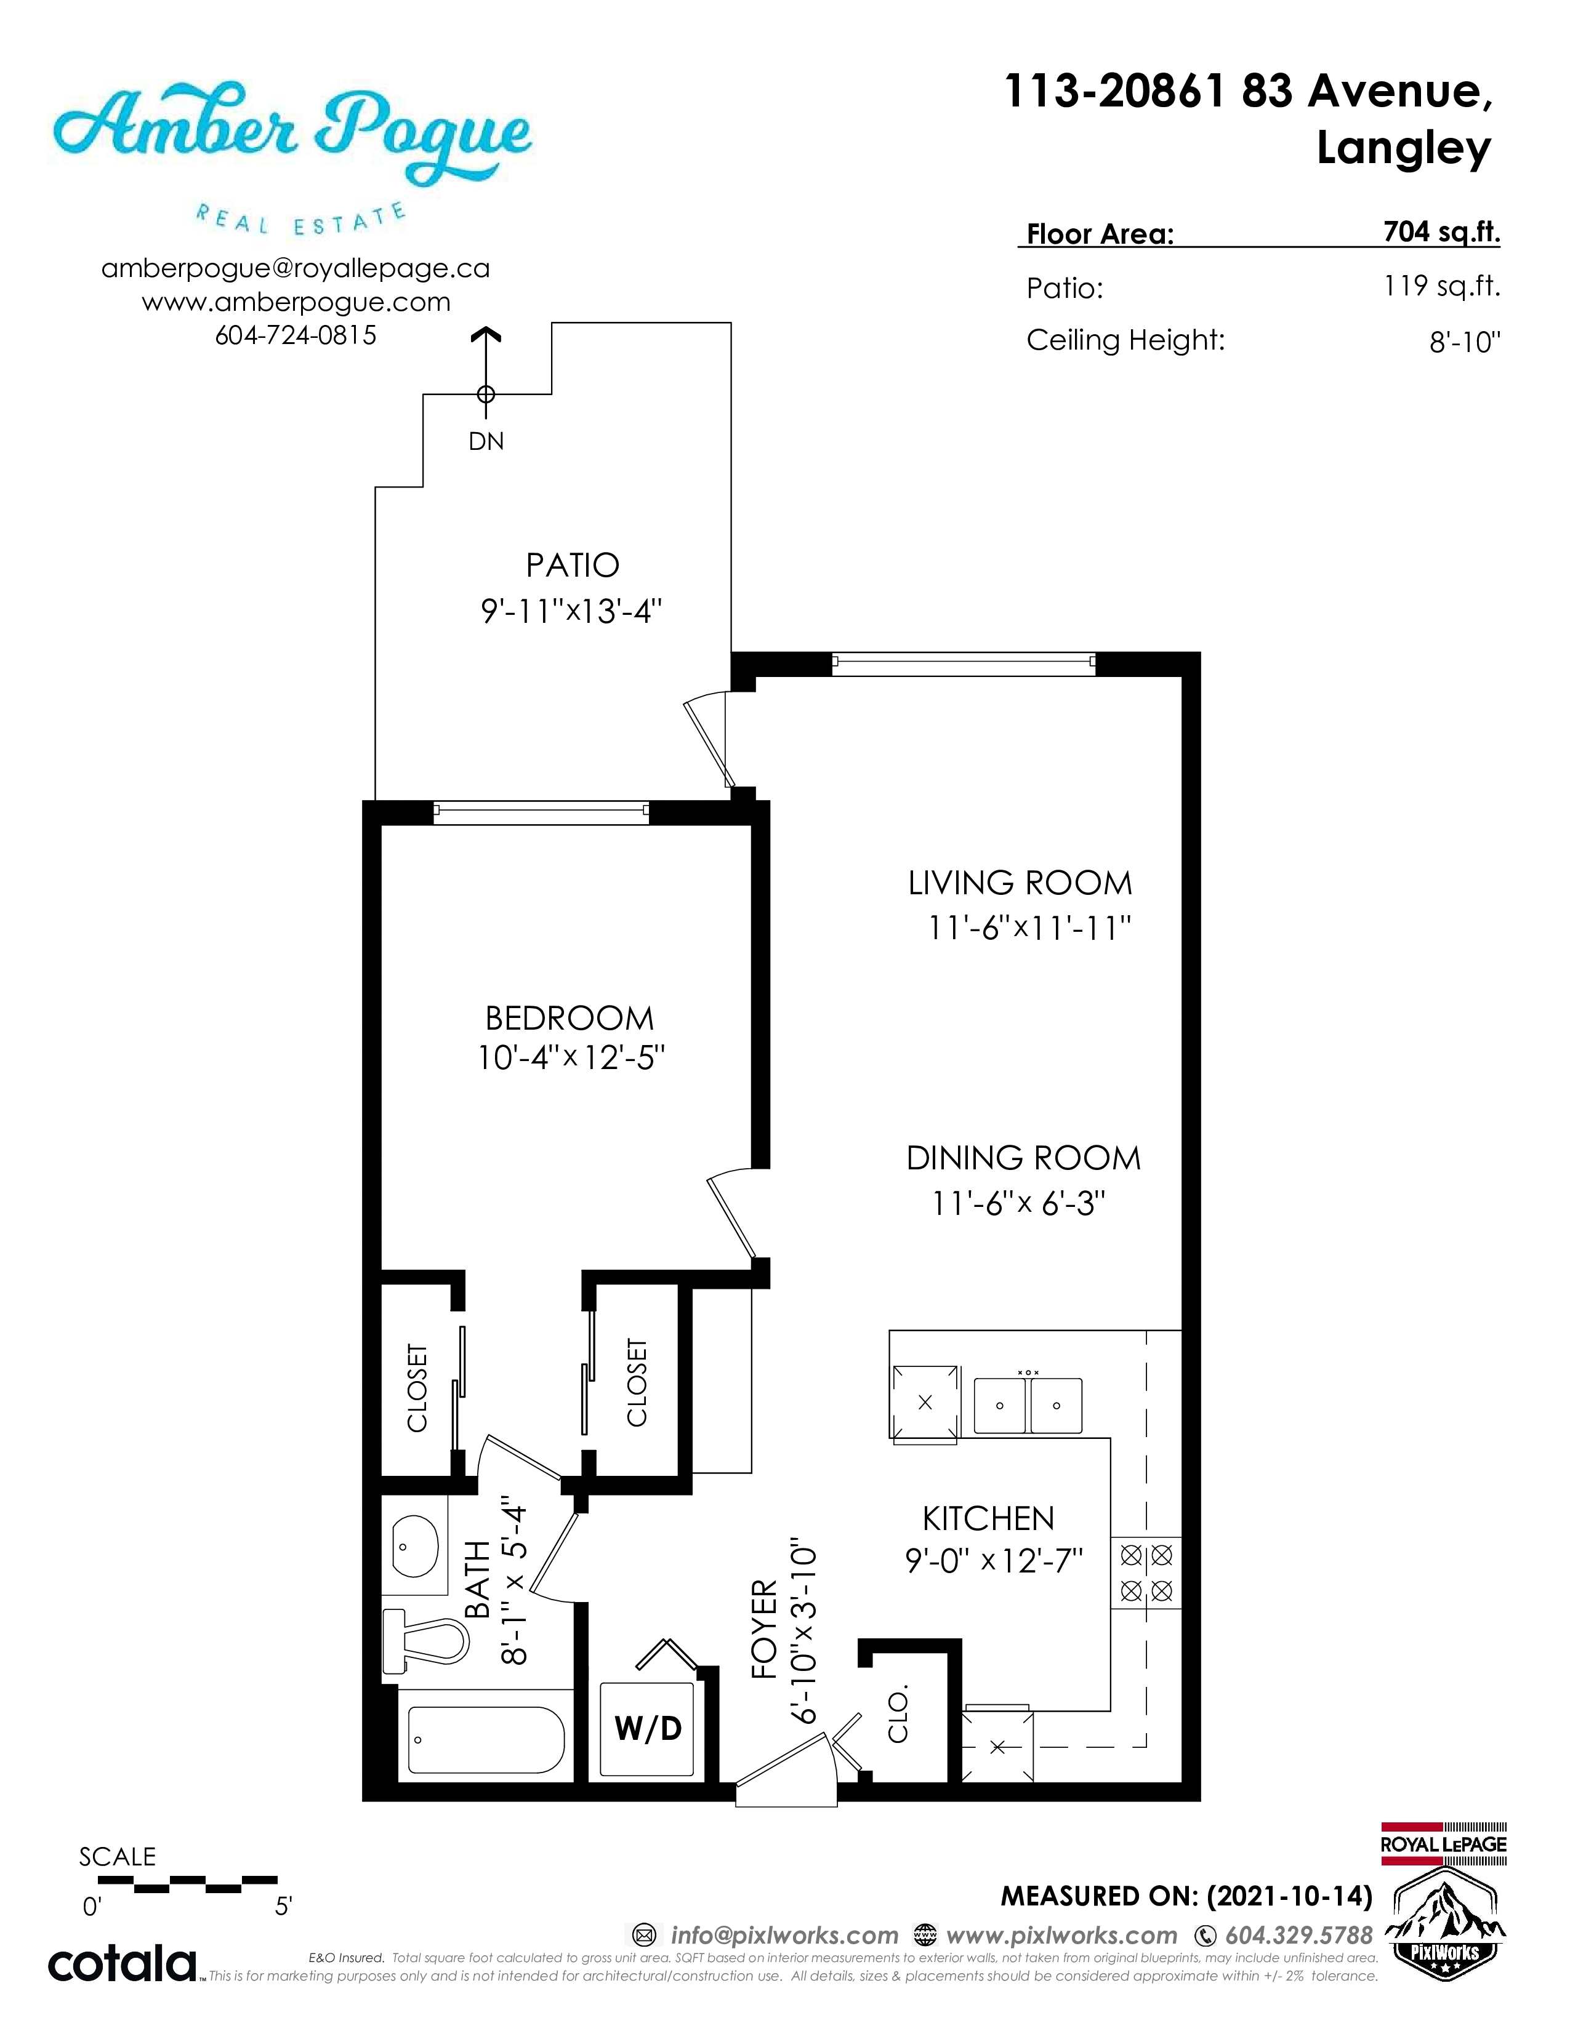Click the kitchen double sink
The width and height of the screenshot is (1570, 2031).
tap(1028, 1405)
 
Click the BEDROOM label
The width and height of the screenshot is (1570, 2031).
tap(570, 1019)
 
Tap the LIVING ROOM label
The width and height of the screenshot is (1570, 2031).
tap(1020, 883)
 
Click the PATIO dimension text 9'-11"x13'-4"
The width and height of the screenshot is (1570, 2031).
tap(571, 611)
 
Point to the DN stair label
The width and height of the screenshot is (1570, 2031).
tap(486, 442)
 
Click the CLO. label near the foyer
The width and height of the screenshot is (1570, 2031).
tap(898, 1716)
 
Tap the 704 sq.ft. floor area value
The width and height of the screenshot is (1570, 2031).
tap(1442, 231)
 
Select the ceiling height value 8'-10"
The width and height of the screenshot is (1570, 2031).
tap(1465, 342)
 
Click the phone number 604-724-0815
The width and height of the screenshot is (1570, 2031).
tap(296, 335)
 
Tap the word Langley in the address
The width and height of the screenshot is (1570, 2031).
tap(1404, 149)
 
